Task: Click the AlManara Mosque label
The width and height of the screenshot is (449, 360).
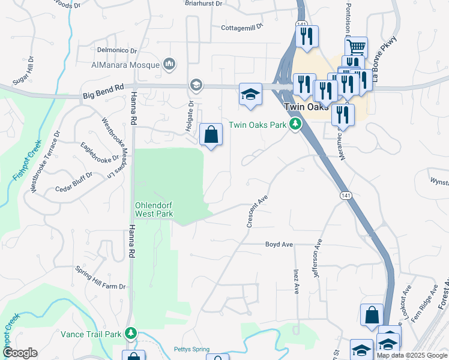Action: pyautogui.click(x=125, y=65)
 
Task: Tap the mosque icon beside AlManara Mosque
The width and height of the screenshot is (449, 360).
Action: pyautogui.click(x=169, y=64)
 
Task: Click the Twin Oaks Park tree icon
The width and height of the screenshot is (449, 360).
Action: pyautogui.click(x=295, y=125)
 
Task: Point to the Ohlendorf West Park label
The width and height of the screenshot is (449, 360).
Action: pyautogui.click(x=154, y=209)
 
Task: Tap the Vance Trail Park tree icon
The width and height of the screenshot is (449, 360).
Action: pyautogui.click(x=131, y=334)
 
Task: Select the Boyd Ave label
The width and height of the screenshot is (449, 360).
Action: pyautogui.click(x=279, y=244)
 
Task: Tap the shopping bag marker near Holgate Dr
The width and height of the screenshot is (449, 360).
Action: pyautogui.click(x=211, y=134)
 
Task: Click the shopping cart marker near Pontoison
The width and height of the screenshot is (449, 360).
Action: pyautogui.click(x=356, y=47)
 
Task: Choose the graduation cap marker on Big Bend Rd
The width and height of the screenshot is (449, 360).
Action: pyautogui.click(x=250, y=94)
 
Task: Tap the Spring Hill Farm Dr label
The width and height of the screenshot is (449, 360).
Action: pyautogui.click(x=100, y=278)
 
